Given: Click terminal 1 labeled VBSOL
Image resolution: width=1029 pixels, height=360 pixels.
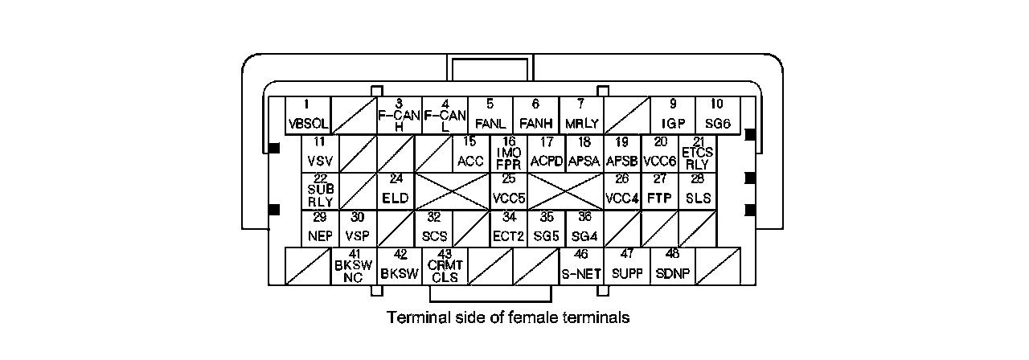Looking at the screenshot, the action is click(308, 115).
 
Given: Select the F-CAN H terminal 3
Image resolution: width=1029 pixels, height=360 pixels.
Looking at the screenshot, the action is click(400, 115).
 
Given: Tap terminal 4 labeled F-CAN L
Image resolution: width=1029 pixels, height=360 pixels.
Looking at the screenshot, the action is click(445, 115).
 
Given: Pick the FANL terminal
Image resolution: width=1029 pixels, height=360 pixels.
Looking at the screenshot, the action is click(490, 115).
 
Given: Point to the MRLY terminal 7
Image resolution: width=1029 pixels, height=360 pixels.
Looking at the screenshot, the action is click(581, 115).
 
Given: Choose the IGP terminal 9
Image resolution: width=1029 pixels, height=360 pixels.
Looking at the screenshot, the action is click(673, 115).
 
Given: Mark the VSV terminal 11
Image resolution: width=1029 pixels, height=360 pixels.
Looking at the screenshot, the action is click(320, 153).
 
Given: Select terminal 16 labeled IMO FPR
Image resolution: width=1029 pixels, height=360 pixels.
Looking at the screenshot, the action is click(509, 153).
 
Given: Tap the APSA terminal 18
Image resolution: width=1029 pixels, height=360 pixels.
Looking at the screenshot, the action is click(584, 153).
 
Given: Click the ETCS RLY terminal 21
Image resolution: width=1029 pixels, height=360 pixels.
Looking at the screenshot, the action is click(698, 153).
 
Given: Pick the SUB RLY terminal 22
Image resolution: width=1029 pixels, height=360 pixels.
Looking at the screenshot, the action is click(320, 190).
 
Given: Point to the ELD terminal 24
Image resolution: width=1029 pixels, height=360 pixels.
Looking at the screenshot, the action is click(396, 190).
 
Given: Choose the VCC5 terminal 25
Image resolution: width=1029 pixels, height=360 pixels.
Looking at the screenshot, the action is click(509, 190).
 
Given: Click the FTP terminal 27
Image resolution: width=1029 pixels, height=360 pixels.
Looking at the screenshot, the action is click(660, 190).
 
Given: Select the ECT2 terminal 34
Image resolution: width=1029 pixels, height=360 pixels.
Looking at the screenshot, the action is click(509, 228).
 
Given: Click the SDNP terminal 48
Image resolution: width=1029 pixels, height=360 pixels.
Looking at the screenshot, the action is click(672, 266).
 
